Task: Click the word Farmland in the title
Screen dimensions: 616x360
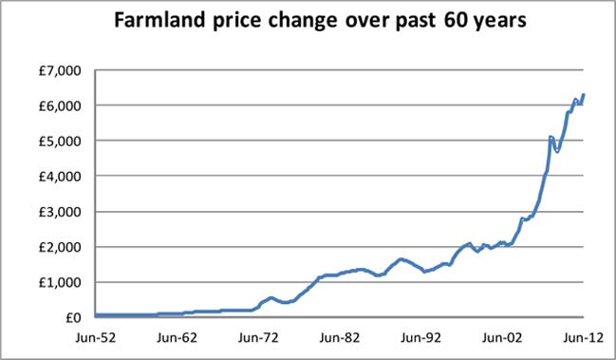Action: click(159, 19)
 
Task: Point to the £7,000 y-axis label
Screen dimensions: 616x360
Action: click(60, 70)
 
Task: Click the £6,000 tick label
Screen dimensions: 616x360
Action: click(60, 105)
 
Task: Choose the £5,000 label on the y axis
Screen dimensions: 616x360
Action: click(60, 142)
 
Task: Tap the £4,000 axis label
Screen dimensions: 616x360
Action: click(60, 177)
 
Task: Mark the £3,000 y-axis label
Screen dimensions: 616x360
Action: click(60, 212)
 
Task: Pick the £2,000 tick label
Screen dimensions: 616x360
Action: click(60, 247)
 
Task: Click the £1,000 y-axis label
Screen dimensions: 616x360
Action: click(60, 282)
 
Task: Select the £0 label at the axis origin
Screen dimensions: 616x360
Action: click(73, 317)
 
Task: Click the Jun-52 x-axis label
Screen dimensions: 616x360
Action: click(96, 337)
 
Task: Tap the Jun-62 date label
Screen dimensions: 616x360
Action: click(177, 337)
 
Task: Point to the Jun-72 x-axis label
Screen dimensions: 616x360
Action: click(258, 337)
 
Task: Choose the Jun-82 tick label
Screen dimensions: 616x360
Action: click(340, 337)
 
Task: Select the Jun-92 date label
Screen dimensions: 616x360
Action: click(420, 337)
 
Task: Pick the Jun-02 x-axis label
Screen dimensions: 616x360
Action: click(502, 337)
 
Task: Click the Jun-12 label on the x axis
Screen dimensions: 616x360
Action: click(583, 337)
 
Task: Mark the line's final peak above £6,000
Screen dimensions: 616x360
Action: click(584, 94)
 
